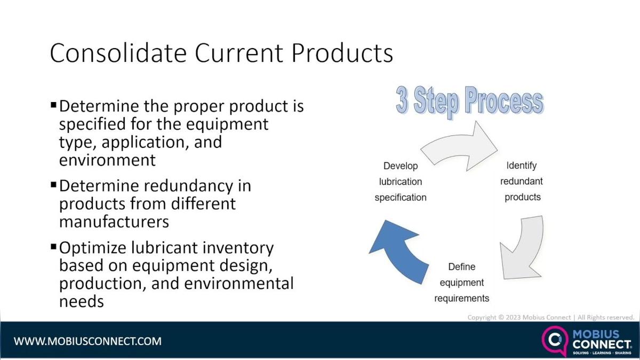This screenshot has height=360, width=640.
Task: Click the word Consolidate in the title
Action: point(118,53)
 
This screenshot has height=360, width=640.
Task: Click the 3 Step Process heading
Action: point(469,101)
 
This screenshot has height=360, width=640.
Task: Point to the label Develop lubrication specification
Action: point(401,182)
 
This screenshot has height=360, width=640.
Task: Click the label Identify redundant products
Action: point(522,182)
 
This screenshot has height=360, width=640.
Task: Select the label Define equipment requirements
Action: point(461,282)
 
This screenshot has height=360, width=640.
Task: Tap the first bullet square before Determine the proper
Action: point(53,105)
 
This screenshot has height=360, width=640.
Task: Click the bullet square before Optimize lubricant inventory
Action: point(53,247)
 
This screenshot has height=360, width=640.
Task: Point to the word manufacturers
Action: point(114,221)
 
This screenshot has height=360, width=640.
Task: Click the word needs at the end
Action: point(81,301)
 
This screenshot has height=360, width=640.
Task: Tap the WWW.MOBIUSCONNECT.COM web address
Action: point(87,341)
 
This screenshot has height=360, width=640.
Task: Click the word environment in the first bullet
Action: point(107,160)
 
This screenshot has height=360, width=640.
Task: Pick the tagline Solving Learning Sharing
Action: point(601,353)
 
